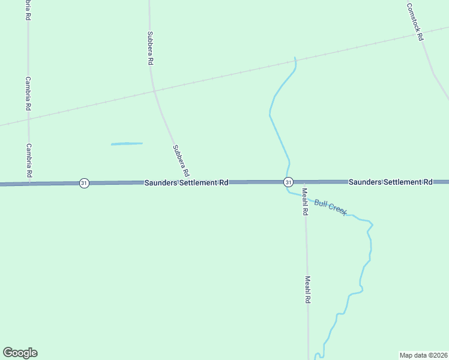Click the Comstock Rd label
click(415, 22)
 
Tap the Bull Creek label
click(330, 208)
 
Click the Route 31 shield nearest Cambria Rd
click(84, 183)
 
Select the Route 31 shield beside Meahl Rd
click(289, 182)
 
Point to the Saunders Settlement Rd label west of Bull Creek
click(186, 182)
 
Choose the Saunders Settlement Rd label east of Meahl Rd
click(390, 181)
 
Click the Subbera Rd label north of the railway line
click(151, 48)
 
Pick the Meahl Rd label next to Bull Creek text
click(305, 201)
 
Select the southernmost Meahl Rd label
click(307, 289)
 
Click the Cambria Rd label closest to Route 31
click(28, 160)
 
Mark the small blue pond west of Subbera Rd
click(127, 143)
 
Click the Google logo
click(20, 353)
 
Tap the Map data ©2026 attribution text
click(423, 355)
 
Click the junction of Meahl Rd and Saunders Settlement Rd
click(304, 182)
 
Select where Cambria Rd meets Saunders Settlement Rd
click(28, 184)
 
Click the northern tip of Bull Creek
click(295, 58)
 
